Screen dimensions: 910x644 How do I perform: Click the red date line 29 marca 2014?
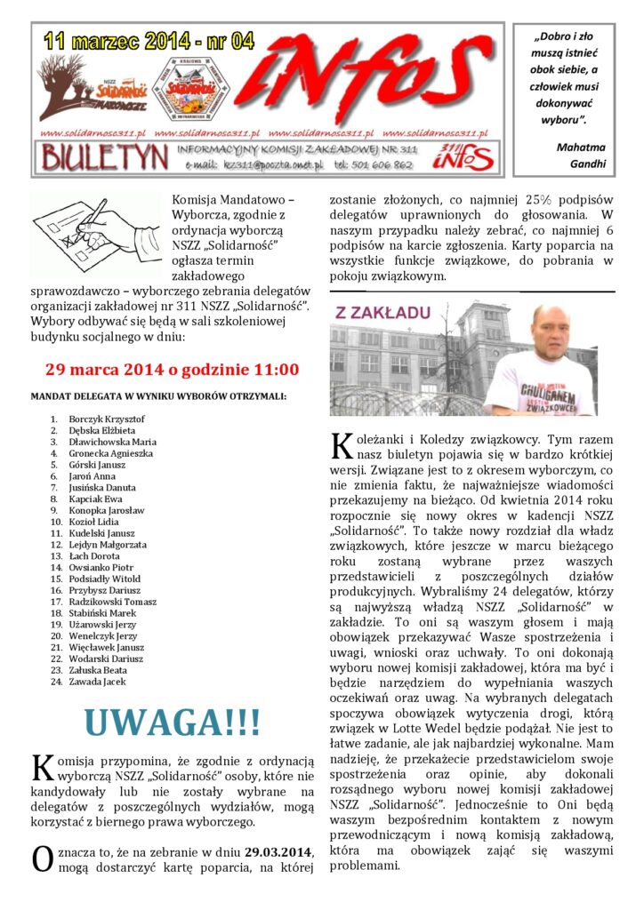tap(172, 370)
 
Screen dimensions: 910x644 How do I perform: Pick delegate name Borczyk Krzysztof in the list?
tap(107, 419)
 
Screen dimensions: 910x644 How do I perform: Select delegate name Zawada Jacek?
tap(97, 682)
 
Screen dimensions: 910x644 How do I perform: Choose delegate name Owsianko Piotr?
tap(101, 567)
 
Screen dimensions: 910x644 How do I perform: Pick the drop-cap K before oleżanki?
tap(340, 444)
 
